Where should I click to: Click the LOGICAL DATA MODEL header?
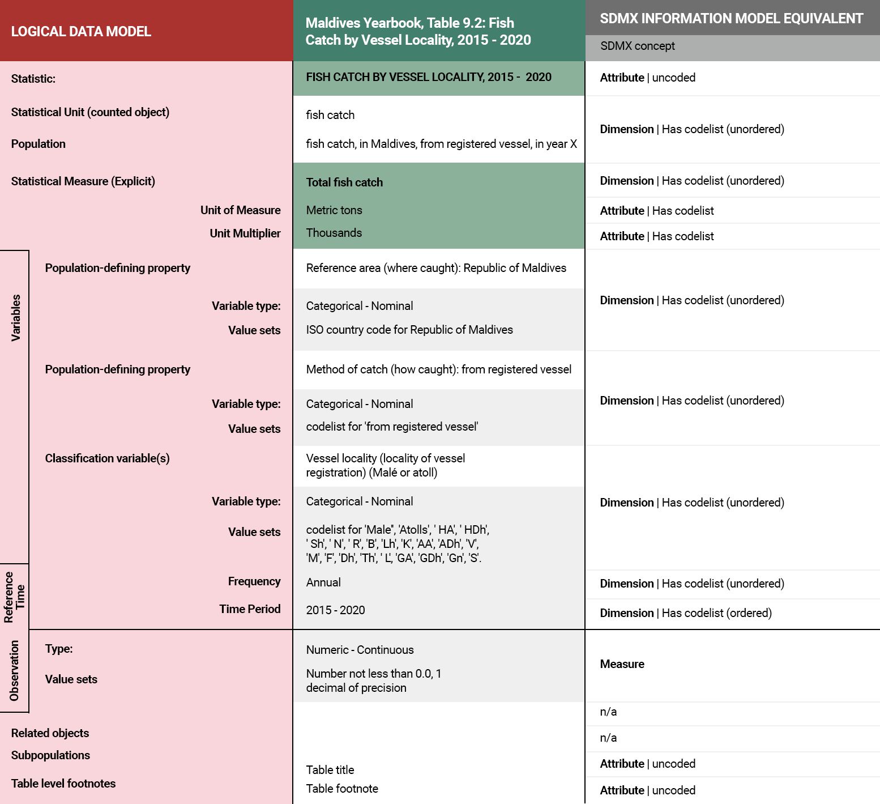point(81,31)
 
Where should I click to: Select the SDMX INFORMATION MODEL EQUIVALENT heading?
point(731,19)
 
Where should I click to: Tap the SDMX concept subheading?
point(637,46)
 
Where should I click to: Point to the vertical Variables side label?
point(16,317)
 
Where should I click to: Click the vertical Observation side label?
point(14,670)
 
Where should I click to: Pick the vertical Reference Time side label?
point(14,597)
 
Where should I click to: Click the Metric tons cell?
point(334,210)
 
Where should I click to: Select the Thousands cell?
point(334,233)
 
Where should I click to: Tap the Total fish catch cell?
point(344,182)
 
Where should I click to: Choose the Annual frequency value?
point(323,582)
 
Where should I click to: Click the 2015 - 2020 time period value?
point(335,610)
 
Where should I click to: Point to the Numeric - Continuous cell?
point(360,650)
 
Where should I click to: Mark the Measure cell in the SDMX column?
point(622,664)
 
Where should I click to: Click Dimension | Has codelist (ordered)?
point(685,613)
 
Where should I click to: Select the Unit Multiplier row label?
point(245,233)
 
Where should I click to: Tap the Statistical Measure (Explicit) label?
point(83,181)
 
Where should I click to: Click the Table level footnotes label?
point(63,784)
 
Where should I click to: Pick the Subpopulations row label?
point(50,755)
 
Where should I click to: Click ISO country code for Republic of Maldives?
point(409,330)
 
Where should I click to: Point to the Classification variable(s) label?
point(107,458)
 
